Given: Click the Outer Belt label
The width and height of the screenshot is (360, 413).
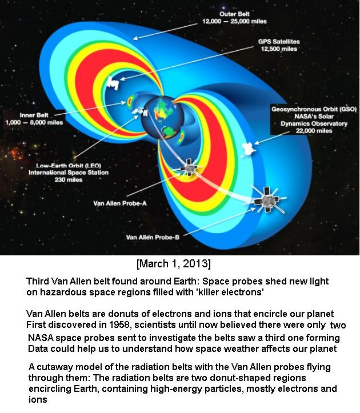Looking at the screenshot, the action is pyautogui.click(x=234, y=18).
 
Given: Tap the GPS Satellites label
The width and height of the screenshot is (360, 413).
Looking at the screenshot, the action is pyautogui.click(x=279, y=45).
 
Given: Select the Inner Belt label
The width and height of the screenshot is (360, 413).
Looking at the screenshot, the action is pyautogui.click(x=34, y=119).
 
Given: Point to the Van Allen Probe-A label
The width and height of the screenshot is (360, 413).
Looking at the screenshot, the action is pyautogui.click(x=120, y=203).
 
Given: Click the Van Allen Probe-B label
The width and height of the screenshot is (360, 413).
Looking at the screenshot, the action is pyautogui.click(x=153, y=237).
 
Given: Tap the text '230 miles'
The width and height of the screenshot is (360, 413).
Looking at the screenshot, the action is pyautogui.click(x=69, y=179).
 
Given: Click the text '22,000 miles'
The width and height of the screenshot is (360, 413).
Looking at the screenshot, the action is pyautogui.click(x=314, y=131).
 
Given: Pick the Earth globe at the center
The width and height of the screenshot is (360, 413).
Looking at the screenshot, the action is pyautogui.click(x=163, y=117).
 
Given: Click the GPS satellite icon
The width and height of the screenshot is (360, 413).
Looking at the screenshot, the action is pyautogui.click(x=113, y=83).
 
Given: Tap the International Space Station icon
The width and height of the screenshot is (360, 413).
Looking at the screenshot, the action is pyautogui.click(x=140, y=111).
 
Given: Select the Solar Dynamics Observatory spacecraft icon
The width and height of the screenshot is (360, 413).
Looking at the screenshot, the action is pyautogui.click(x=249, y=149).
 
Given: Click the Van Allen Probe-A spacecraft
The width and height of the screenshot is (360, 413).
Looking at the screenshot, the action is pyautogui.click(x=189, y=167).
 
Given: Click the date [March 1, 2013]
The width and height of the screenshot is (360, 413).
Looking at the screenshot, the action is pyautogui.click(x=174, y=263).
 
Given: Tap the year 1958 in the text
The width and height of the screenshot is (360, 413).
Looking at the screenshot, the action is pyautogui.click(x=119, y=324).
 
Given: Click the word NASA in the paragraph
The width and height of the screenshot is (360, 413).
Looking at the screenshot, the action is pyautogui.click(x=41, y=338).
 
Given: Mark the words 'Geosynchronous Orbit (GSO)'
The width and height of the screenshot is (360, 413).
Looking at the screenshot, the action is pyautogui.click(x=314, y=109).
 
